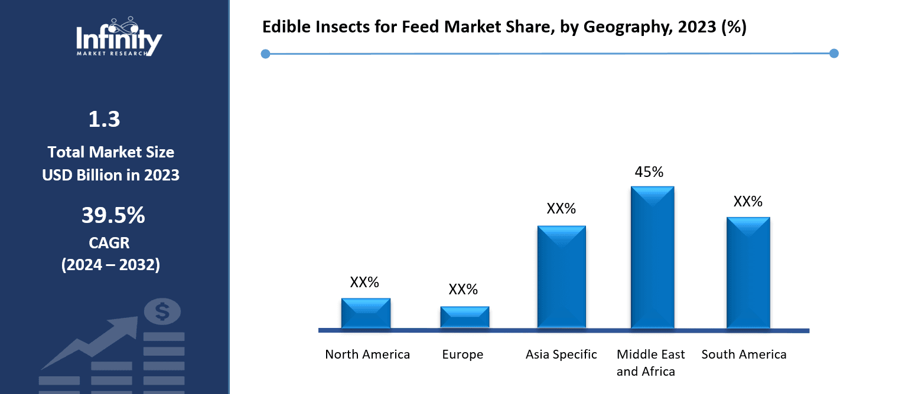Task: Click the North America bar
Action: [366, 313]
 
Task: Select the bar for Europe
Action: [464, 317]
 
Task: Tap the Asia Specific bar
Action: [561, 277]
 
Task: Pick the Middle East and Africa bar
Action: [652, 257]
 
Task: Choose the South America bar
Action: [748, 272]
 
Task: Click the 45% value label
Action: [649, 172]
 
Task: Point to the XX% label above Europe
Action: [463, 290]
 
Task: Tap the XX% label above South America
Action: [748, 202]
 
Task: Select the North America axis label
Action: [367, 354]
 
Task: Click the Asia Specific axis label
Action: [561, 354]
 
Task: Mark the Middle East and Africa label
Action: [650, 363]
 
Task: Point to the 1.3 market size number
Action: [104, 120]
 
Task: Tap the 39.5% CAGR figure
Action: [113, 216]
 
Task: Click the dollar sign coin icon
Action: [162, 312]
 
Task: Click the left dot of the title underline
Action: [265, 54]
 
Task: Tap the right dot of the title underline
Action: [834, 54]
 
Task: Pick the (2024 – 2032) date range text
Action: [110, 265]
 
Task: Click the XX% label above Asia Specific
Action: [561, 209]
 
